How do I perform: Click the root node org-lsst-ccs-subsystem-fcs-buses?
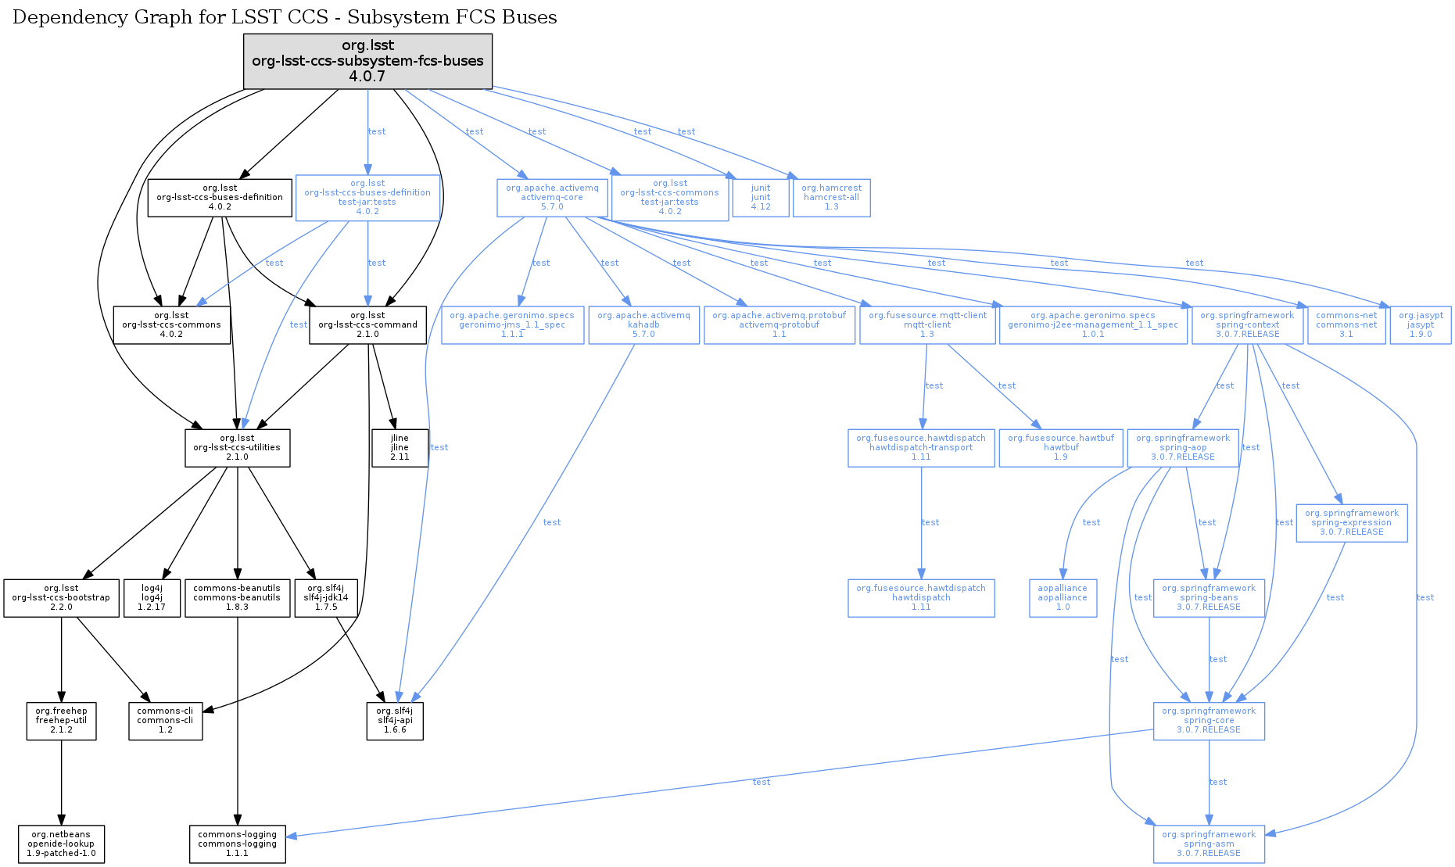367,61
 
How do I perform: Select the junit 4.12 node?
761,198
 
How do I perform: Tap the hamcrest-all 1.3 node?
831,198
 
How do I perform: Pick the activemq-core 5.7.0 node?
552,198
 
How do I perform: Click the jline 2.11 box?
400,448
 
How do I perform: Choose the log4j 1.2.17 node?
152,598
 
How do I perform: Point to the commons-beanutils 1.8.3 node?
237,598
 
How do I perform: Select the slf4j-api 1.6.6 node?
395,721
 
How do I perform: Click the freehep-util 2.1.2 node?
61,721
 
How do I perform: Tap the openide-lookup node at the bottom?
61,844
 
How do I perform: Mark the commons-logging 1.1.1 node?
237,844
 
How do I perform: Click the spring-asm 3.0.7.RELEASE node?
1209,844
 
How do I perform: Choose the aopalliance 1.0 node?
1063,598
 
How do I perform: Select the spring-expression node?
1351,523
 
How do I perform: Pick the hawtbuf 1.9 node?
1060,448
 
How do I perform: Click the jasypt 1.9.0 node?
1421,325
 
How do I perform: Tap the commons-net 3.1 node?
1346,325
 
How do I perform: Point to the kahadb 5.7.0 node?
643,325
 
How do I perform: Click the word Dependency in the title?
58,17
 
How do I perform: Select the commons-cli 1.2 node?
165,721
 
